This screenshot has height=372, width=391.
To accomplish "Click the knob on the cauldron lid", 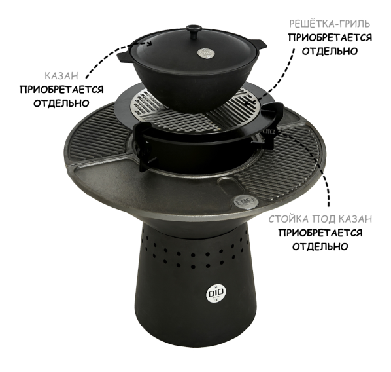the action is pyautogui.click(x=194, y=31).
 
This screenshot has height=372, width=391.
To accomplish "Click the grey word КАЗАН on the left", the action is pyautogui.click(x=61, y=76).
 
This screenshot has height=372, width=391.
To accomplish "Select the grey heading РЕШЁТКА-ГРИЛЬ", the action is pyautogui.click(x=330, y=24).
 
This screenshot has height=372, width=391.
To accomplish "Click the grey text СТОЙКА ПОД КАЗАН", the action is pyautogui.click(x=320, y=219).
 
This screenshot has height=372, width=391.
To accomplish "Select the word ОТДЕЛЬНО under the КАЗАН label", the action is pyautogui.click(x=61, y=103).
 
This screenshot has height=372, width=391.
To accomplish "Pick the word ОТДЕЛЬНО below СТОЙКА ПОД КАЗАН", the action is pyautogui.click(x=320, y=247).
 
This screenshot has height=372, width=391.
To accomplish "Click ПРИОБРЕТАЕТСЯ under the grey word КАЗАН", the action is pyautogui.click(x=61, y=90).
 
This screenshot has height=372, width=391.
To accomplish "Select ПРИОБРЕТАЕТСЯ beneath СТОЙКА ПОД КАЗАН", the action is pyautogui.click(x=320, y=233).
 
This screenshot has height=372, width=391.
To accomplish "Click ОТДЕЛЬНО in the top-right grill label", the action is pyautogui.click(x=330, y=51).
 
